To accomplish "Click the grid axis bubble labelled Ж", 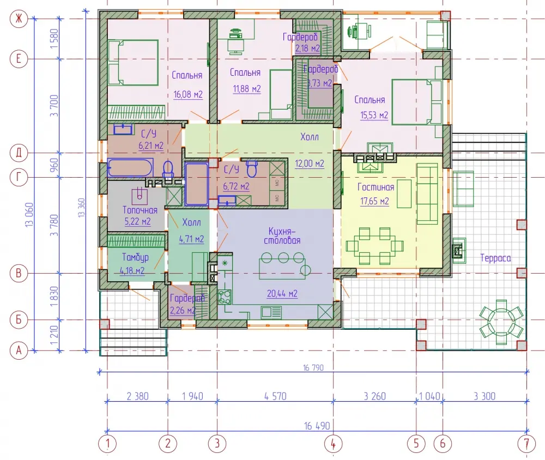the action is [19, 19].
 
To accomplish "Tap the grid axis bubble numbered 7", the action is [526, 444].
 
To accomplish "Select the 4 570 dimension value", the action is [275, 396].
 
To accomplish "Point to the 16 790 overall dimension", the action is [313, 367].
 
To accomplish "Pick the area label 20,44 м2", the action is [282, 293].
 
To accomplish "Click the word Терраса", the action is [495, 258].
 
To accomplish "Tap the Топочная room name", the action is [140, 210].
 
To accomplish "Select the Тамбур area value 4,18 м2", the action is [132, 270].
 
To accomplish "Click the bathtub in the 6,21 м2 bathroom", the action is [130, 167].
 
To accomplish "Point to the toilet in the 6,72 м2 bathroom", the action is [252, 168].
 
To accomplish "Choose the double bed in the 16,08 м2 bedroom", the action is [133, 63].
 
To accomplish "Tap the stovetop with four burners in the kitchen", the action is [225, 297].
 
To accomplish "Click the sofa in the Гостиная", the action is [427, 193].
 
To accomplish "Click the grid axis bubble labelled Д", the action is [19, 153].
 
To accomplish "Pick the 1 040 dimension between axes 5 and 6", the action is [429, 396].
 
